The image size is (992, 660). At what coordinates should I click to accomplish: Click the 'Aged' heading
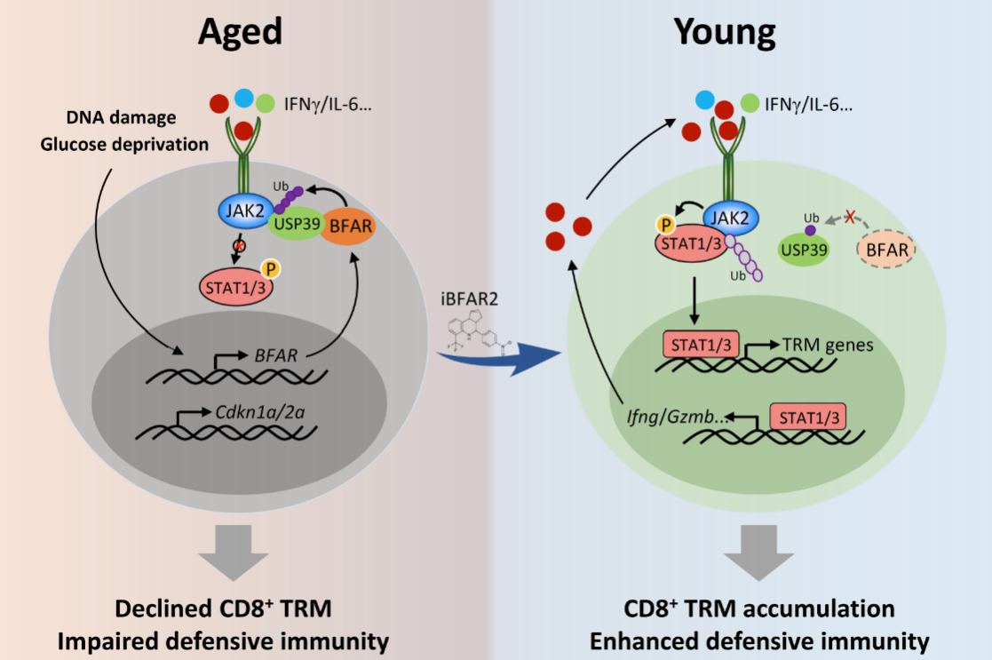(x=240, y=32)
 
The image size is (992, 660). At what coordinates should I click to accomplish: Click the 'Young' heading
(x=725, y=32)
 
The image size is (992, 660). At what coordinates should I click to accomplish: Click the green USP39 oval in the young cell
(x=804, y=250)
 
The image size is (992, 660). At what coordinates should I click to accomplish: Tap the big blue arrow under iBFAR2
(x=502, y=360)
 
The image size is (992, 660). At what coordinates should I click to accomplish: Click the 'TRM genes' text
(x=828, y=344)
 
